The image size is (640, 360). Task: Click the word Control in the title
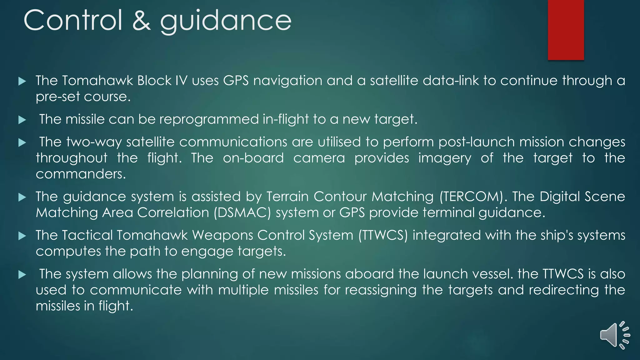click(73, 20)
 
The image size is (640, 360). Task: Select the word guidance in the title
click(226, 21)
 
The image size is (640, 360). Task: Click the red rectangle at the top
click(566, 30)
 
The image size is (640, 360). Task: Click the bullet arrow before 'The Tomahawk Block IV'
click(22, 81)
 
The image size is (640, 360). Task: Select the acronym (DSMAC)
click(242, 213)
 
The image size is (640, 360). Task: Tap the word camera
click(319, 158)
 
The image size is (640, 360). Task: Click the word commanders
click(80, 174)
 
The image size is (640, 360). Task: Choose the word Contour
click(340, 197)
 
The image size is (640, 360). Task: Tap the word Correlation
click(173, 213)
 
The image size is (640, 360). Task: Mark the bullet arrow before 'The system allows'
click(22, 275)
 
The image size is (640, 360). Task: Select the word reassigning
click(381, 290)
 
